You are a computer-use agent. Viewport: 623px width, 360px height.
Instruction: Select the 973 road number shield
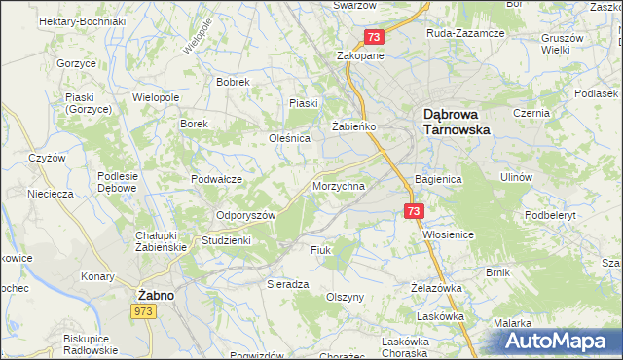(x=143, y=309)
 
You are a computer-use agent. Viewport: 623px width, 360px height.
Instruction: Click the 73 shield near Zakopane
(x=376, y=37)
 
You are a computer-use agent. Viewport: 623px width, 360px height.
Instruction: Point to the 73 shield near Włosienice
(x=415, y=211)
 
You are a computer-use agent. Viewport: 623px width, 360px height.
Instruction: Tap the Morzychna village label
(x=339, y=185)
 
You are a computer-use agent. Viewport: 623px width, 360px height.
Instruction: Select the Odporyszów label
(x=246, y=215)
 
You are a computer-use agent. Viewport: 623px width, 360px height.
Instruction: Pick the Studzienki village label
(x=226, y=239)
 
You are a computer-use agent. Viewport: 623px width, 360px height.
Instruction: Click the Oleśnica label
(x=289, y=138)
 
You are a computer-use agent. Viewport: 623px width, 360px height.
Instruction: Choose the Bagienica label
(x=437, y=180)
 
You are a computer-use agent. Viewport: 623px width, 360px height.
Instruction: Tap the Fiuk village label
(x=321, y=250)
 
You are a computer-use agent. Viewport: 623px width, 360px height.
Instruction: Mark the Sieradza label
(x=287, y=283)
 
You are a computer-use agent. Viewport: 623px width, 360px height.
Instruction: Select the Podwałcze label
(x=216, y=178)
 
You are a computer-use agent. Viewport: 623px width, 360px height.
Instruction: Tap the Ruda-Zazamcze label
(x=465, y=32)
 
